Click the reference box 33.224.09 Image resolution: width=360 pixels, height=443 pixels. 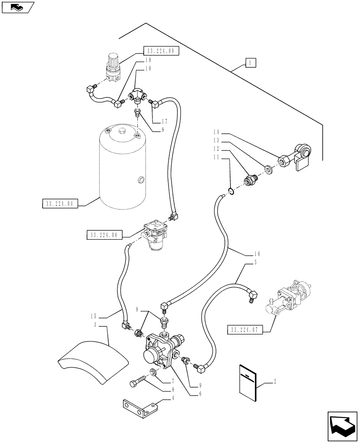[161, 51]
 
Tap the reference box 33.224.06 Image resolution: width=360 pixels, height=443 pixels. [102, 235]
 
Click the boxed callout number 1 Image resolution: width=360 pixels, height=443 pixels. [250, 64]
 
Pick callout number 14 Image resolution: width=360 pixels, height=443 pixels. [215, 132]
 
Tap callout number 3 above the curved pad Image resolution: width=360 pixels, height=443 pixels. [95, 325]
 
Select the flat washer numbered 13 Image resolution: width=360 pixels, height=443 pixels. [268, 169]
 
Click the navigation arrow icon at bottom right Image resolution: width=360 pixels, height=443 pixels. [342, 426]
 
